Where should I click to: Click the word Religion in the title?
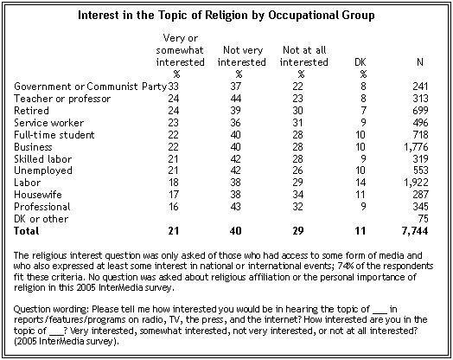click(x=226, y=15)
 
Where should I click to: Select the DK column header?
click(x=360, y=62)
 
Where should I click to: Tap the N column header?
click(x=420, y=62)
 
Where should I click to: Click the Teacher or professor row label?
click(x=62, y=99)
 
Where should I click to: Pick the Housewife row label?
click(x=38, y=195)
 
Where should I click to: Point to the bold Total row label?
click(x=26, y=231)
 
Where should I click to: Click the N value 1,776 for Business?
click(x=416, y=147)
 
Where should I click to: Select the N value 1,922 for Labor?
click(x=416, y=183)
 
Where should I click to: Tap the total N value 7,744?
click(x=415, y=231)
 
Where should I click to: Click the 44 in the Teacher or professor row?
click(x=236, y=99)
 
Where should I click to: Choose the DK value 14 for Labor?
click(x=360, y=183)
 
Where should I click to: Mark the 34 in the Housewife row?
click(x=298, y=195)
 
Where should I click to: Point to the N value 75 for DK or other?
click(x=423, y=219)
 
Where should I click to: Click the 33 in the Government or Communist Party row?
click(x=174, y=87)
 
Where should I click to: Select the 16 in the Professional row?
click(x=174, y=207)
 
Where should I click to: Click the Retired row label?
click(x=31, y=111)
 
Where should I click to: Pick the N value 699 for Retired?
click(x=420, y=111)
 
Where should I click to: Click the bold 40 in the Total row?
click(x=236, y=231)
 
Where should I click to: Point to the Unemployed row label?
click(x=43, y=170)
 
